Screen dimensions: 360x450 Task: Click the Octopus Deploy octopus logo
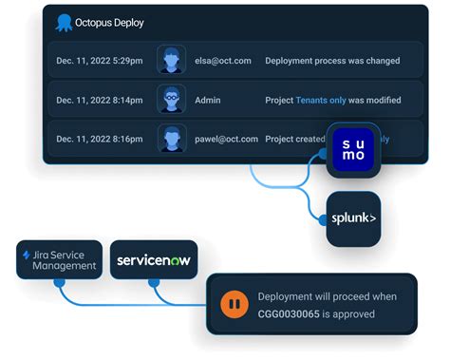pyautogui.click(x=64, y=22)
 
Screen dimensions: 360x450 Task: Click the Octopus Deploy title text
pyautogui.click(x=110, y=22)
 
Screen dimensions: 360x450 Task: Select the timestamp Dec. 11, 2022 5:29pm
pyautogui.click(x=99, y=61)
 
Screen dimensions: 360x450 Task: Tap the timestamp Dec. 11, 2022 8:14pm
pyautogui.click(x=99, y=100)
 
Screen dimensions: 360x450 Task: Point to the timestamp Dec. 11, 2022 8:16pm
pyautogui.click(x=99, y=139)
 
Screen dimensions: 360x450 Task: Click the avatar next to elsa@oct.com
pyautogui.click(x=171, y=61)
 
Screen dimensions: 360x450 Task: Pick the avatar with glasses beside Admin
pyautogui.click(x=171, y=100)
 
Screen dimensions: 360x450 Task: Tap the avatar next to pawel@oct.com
pyautogui.click(x=171, y=139)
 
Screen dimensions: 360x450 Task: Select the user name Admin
pyautogui.click(x=209, y=100)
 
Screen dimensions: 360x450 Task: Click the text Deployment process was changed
pyautogui.click(x=331, y=61)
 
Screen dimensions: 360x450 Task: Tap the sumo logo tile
pyautogui.click(x=353, y=150)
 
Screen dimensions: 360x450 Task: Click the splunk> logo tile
pyautogui.click(x=353, y=218)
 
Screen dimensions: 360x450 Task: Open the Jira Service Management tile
pyautogui.click(x=59, y=259)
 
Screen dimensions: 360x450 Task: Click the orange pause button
pyautogui.click(x=233, y=304)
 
